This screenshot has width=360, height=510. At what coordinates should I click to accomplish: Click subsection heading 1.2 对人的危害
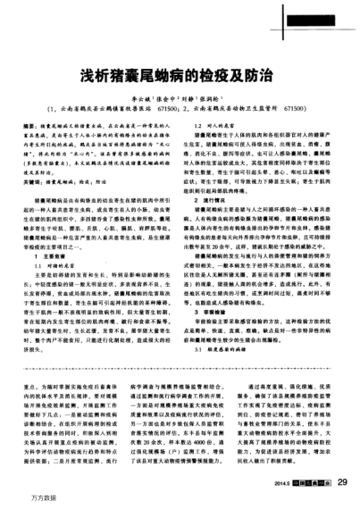[x=211, y=127]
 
